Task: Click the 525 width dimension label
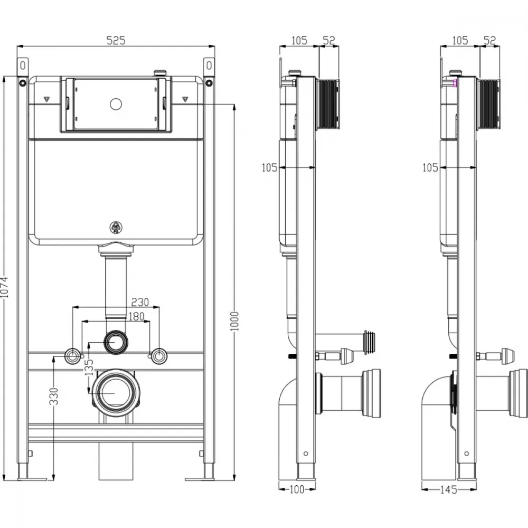[x=116, y=40]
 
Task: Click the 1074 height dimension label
[x=4, y=287]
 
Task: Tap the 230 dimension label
[x=140, y=301]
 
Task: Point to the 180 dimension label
[x=136, y=316]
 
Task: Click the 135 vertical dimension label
[x=89, y=367]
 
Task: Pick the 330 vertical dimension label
[x=54, y=397]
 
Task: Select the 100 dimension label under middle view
[x=297, y=489]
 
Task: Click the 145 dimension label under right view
[x=449, y=489]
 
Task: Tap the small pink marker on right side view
[x=455, y=83]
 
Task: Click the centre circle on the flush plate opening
[x=116, y=104]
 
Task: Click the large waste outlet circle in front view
[x=116, y=393]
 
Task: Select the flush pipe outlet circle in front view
[x=116, y=342]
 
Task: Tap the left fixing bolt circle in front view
[x=72, y=356]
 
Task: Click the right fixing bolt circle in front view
[x=159, y=356]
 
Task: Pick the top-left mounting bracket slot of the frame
[x=23, y=65]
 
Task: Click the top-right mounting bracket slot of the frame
[x=209, y=65]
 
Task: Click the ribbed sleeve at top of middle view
[x=327, y=105]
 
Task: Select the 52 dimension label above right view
[x=490, y=40]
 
